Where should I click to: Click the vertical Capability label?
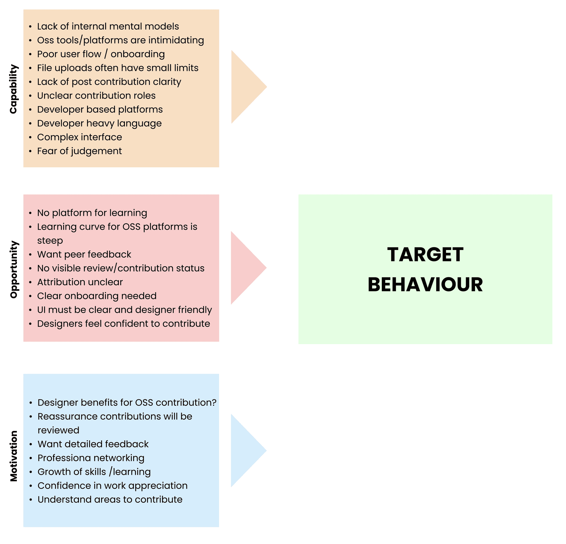[14, 89]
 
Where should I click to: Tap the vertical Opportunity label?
[14, 269]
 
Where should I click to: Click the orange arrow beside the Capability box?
[245, 87]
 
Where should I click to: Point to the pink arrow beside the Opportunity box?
[245, 268]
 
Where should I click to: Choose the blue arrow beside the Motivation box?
[245, 451]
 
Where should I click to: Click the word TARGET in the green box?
[425, 255]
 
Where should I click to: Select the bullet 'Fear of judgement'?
[79, 151]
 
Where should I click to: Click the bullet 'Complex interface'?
[79, 137]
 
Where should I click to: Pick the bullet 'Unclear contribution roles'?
[96, 96]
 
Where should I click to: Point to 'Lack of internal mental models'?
[108, 26]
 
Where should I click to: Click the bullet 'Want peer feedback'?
[84, 254]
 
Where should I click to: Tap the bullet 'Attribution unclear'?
[80, 282]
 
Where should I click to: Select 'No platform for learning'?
[92, 213]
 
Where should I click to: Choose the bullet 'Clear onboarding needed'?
[97, 296]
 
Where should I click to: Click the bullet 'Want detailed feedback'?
[93, 444]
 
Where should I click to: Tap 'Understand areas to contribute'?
[110, 499]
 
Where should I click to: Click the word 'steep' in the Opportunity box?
[50, 240]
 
